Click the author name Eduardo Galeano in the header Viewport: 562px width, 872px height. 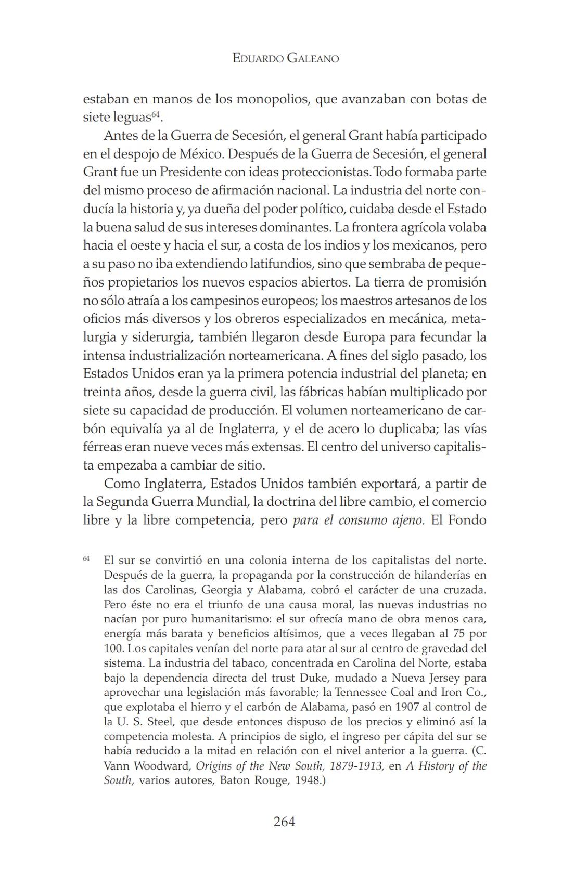point(286,58)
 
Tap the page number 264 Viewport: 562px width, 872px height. point(284,822)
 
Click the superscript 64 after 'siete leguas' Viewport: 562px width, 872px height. point(155,114)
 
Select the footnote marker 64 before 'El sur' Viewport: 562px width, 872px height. point(86,558)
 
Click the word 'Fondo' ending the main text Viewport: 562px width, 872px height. point(467,520)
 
